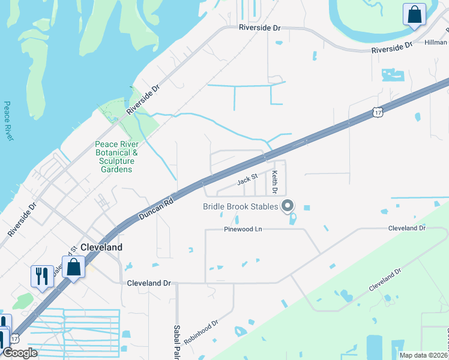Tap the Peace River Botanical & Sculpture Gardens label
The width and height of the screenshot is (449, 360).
coord(117,157)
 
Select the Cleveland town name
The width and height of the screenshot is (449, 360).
coord(101,247)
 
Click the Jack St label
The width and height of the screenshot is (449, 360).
coord(247,178)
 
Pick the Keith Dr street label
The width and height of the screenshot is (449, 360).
coord(274,182)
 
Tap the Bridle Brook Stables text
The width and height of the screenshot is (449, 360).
coord(241,206)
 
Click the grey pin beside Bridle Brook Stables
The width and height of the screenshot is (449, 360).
coord(288,206)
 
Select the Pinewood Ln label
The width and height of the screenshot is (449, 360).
coord(243,229)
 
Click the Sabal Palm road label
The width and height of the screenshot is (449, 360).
coord(178,342)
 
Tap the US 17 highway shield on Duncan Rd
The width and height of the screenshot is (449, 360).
coord(377,112)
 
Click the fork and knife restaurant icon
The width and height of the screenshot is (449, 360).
coord(41,276)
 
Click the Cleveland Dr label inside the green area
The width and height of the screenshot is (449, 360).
coord(384,281)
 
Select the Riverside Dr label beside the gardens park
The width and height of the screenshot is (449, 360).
coord(143,100)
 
